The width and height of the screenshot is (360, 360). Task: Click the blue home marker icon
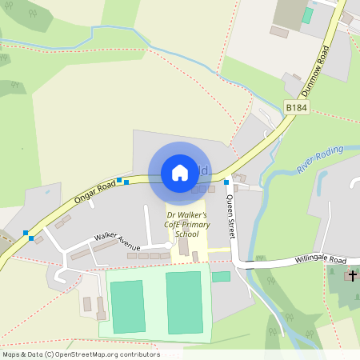pyautogui.click(x=180, y=173)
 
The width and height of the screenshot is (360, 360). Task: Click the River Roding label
pyautogui.click(x=320, y=160)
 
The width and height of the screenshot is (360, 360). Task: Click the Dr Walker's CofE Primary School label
pyautogui.click(x=186, y=226)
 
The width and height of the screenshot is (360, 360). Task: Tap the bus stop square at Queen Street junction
pyautogui.click(x=226, y=182)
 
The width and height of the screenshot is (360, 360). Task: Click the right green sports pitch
pyautogui.click(x=184, y=298)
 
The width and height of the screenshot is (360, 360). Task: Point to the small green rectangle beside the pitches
pyautogui.click(x=221, y=277)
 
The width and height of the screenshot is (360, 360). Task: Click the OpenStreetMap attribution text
pyautogui.click(x=81, y=354)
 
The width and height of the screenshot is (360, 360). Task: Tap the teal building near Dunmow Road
pyautogui.click(x=307, y=15)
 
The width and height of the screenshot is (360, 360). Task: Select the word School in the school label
pyautogui.click(x=186, y=235)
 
